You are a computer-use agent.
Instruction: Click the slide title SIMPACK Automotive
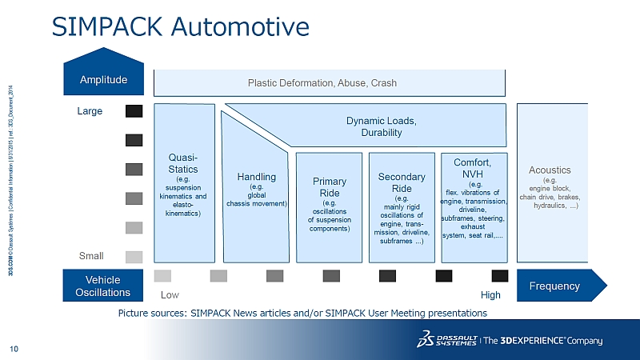click(x=180, y=27)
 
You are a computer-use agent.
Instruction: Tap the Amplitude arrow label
click(x=103, y=81)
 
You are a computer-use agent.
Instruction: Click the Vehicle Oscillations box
click(x=103, y=286)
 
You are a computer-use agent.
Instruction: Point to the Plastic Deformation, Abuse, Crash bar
click(x=322, y=83)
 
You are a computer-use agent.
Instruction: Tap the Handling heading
click(x=257, y=176)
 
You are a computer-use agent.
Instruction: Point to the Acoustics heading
click(x=550, y=170)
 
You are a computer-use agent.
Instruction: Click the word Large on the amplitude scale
click(x=90, y=111)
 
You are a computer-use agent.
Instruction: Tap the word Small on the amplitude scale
click(x=90, y=256)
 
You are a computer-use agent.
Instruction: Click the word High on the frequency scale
click(x=490, y=295)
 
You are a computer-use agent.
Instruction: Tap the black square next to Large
click(x=134, y=111)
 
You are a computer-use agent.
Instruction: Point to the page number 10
click(x=14, y=348)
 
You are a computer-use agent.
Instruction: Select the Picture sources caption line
click(x=302, y=313)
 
